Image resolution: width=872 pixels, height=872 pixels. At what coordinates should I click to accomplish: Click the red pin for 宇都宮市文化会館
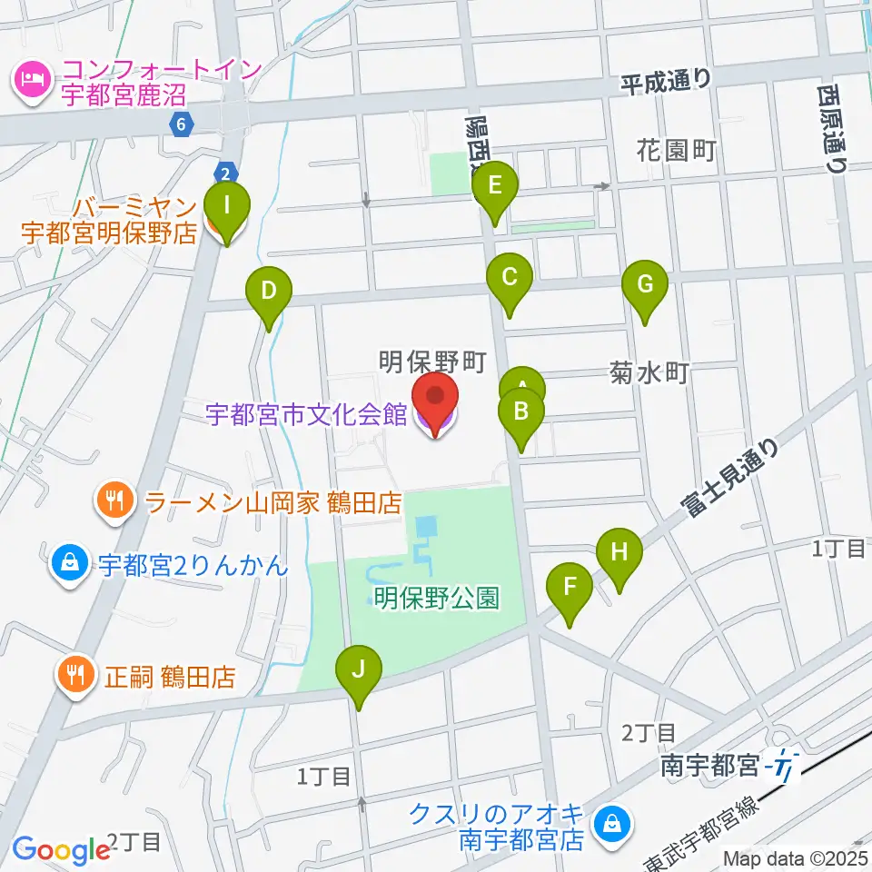click(435, 401)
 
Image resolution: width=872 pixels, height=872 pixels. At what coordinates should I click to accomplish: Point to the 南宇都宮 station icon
click(782, 768)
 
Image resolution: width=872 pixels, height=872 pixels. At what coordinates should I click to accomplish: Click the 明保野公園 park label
click(437, 598)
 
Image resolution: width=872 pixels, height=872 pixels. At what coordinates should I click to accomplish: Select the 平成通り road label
click(666, 82)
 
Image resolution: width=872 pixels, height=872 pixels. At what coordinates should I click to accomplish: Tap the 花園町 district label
click(677, 150)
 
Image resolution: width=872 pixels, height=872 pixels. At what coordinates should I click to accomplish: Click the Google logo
click(62, 850)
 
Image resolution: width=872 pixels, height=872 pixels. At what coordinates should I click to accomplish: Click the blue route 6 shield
click(183, 123)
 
